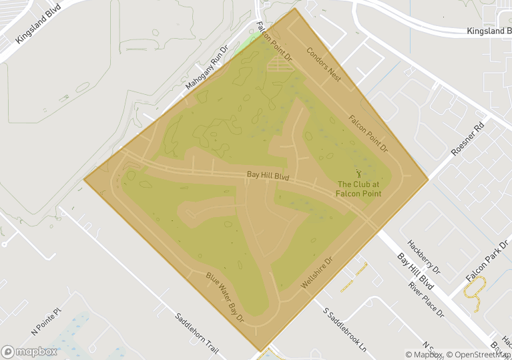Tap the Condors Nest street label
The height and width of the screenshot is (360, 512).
pos(324,64)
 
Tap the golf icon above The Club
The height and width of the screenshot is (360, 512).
pos(359,173)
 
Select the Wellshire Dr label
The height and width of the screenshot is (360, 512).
pos(316,273)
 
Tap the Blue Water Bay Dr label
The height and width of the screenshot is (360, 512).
pos(225,298)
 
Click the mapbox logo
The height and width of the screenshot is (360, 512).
pos(29,351)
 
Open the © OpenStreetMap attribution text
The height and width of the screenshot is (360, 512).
pos(480,355)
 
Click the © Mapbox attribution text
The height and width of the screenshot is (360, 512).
pos(425,355)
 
